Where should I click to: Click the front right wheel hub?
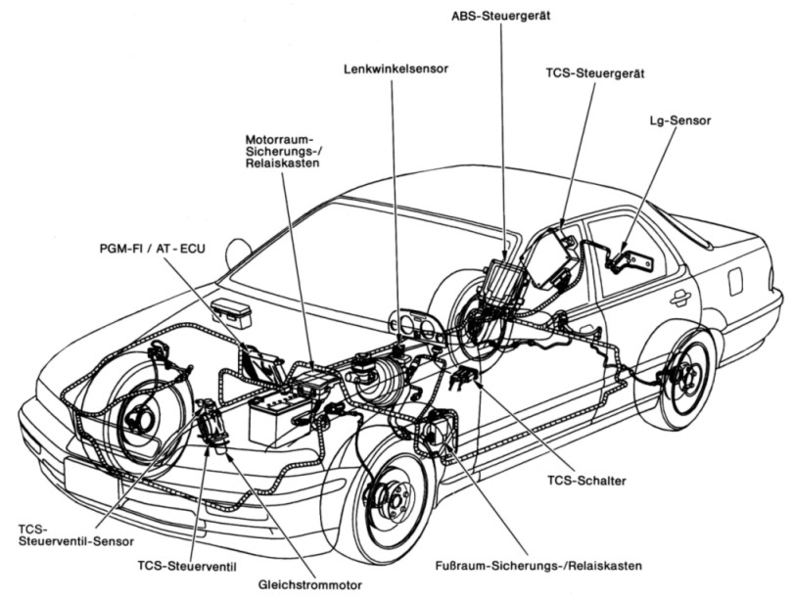pyautogui.click(x=396, y=501)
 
